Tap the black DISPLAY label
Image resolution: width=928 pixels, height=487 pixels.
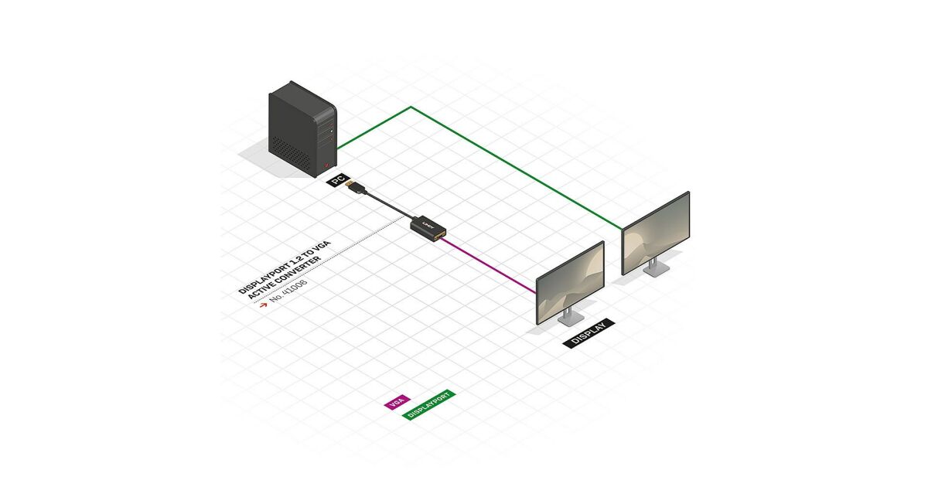tap(589, 333)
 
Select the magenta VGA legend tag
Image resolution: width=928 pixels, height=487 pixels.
tap(397, 402)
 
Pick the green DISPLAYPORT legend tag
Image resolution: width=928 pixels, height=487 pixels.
tap(428, 405)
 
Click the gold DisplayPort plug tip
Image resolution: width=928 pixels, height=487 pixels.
tap(349, 184)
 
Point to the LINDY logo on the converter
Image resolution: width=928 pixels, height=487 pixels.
tap(428, 224)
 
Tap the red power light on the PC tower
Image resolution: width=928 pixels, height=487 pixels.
tap(326, 165)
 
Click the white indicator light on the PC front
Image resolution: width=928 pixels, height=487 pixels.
tap(331, 131)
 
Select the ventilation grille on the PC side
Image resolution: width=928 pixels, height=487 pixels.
tap(291, 153)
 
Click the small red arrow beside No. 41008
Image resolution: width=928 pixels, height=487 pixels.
tap(263, 305)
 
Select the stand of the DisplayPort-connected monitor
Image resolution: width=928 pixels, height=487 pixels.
tap(656, 267)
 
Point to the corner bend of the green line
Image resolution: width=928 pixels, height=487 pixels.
tap(411, 107)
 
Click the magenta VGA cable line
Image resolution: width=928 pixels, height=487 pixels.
tap(488, 266)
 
